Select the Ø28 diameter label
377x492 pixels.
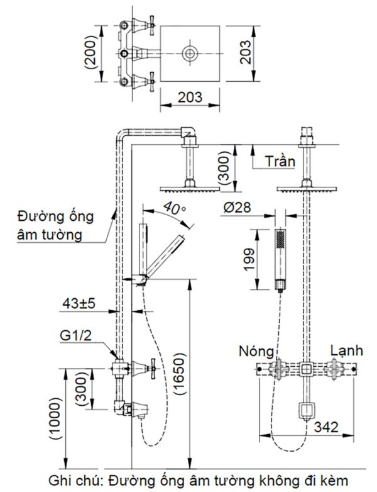click(x=237, y=207)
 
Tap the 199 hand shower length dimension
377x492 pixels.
click(x=250, y=259)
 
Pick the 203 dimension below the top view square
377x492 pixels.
click(x=190, y=97)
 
